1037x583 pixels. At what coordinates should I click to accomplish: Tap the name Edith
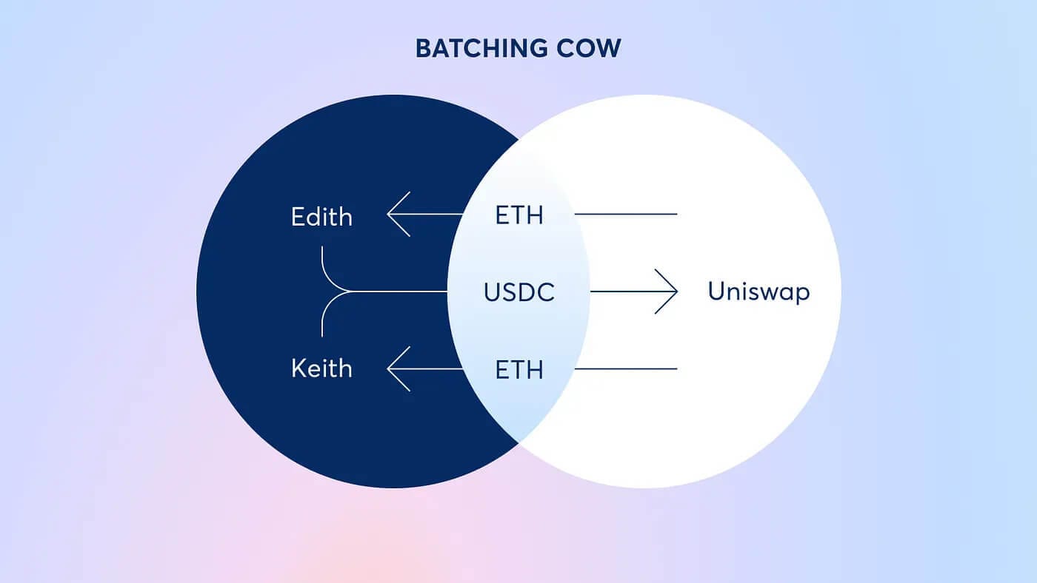point(321,216)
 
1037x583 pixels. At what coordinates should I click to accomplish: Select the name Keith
point(321,368)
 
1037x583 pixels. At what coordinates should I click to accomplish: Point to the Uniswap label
point(758,291)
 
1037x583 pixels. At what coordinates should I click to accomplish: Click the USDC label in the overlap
point(519,292)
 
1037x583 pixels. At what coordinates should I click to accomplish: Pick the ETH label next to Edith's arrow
point(519,215)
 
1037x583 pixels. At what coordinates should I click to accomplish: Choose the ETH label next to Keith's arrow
point(519,370)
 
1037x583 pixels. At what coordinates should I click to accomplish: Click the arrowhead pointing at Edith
point(399,214)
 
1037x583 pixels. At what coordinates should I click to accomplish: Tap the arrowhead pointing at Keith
point(399,369)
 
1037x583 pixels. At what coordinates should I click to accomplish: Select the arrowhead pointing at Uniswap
point(667,291)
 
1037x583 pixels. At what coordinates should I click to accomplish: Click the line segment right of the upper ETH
point(625,214)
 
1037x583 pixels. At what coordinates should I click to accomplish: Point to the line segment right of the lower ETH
point(625,369)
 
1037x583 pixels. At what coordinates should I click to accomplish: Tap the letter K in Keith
point(299,368)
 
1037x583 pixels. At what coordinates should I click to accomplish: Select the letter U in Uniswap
point(716,291)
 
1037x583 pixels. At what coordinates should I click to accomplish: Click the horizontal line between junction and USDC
point(399,291)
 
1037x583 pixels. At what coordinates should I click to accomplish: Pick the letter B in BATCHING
point(424,48)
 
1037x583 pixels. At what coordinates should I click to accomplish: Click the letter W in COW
point(607,48)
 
